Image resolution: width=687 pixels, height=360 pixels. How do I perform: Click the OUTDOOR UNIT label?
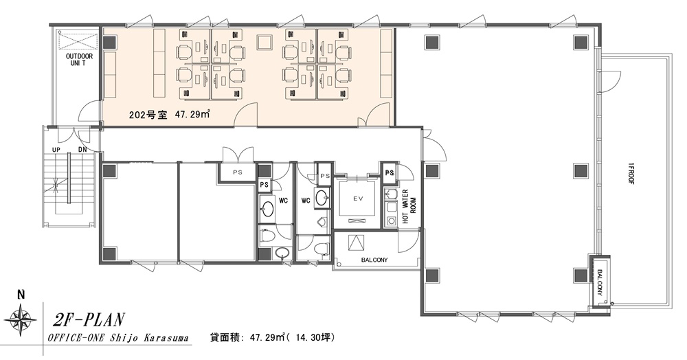click(76, 60)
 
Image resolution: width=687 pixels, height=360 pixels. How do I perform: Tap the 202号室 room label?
click(148, 115)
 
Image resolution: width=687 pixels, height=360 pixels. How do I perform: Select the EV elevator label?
click(358, 199)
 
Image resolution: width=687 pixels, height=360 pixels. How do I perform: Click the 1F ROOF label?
click(631, 173)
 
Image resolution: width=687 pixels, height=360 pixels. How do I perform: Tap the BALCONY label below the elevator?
click(374, 260)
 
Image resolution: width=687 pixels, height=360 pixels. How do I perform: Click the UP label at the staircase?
click(56, 150)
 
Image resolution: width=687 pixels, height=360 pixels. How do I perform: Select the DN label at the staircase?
click(82, 150)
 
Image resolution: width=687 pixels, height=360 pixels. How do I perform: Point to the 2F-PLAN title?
click(88, 320)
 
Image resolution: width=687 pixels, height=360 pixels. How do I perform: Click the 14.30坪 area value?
click(313, 337)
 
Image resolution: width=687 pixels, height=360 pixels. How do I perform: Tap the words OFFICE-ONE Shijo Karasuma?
click(118, 338)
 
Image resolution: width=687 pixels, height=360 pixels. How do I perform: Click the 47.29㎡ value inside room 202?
click(192, 115)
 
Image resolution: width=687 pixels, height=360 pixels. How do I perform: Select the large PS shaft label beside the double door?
click(237, 172)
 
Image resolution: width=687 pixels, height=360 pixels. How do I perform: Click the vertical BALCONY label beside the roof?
click(599, 282)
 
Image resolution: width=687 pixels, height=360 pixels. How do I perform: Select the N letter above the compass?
click(20, 295)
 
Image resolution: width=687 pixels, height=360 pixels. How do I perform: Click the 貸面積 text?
click(225, 337)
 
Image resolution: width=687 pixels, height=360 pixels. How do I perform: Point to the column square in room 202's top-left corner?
click(109, 42)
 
